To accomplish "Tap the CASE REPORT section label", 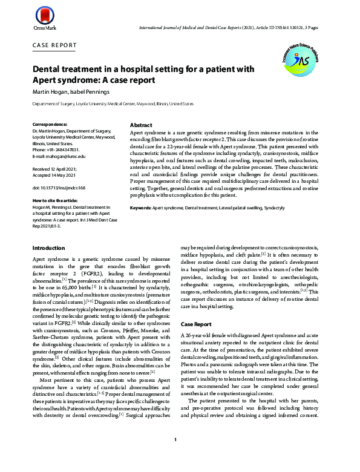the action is pyautogui.click(x=54, y=45).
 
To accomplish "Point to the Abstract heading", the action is pyautogui.click(x=141, y=125).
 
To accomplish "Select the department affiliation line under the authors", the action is pyautogui.click(x=104, y=104).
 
